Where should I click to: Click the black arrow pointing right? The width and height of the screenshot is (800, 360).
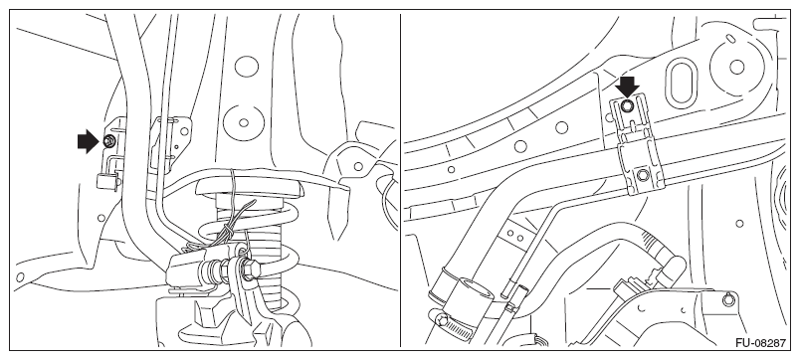pos(88,141)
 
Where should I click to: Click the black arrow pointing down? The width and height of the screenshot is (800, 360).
pos(627,87)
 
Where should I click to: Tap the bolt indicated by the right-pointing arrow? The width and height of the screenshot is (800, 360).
pos(108,142)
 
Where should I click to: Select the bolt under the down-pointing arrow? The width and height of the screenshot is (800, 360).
pos(628,105)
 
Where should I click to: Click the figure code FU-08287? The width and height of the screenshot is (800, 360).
pos(760,343)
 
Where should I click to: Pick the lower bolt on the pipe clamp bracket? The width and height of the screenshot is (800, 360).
pos(643,176)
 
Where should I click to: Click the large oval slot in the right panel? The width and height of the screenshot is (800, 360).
pos(682,84)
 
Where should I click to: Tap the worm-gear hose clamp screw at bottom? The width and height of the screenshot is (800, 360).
pos(442,320)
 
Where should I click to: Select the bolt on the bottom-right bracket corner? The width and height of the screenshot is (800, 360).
pos(728,299)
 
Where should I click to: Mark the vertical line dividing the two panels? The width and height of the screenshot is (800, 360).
pos(401,180)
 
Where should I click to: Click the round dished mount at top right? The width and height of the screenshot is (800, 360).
pos(736,67)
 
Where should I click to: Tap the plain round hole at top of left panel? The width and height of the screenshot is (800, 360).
pos(247,67)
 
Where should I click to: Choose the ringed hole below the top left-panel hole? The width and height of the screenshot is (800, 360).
pos(244,123)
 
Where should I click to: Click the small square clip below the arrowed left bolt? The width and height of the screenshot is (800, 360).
pos(106,181)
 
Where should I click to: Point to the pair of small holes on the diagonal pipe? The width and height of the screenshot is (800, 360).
pos(515,237)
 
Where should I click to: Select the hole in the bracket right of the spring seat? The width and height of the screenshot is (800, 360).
pos(358,166)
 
